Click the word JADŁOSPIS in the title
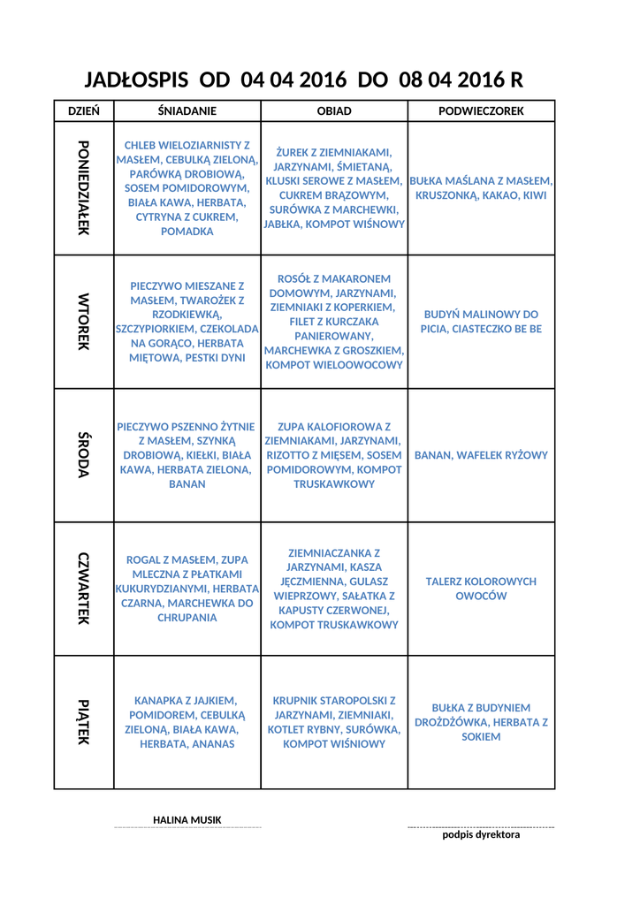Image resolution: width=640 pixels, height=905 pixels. [x=136, y=80]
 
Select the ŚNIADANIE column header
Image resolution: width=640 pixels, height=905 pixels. [x=187, y=111]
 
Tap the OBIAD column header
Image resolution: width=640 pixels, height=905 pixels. [x=334, y=111]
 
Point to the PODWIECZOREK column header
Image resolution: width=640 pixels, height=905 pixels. [x=481, y=111]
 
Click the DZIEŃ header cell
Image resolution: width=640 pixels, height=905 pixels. [x=84, y=111]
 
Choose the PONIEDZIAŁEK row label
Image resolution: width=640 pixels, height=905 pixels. [x=84, y=187]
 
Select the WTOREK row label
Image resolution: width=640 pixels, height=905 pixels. [x=84, y=322]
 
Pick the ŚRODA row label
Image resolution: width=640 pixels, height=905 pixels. [x=84, y=455]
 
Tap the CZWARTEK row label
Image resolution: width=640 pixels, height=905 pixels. [x=84, y=589]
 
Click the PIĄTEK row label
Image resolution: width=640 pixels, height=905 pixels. [x=84, y=722]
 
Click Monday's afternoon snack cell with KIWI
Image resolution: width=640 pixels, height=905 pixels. [x=481, y=187]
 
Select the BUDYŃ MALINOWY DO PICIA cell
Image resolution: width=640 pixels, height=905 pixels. [x=481, y=322]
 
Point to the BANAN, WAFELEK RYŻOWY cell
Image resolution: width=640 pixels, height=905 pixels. [x=481, y=455]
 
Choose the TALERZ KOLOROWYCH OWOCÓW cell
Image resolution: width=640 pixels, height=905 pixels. [x=481, y=589]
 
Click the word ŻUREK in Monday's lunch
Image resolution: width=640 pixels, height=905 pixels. [x=293, y=152]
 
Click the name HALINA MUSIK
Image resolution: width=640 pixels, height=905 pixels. [x=187, y=820]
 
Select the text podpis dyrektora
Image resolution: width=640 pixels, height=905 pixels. [x=481, y=834]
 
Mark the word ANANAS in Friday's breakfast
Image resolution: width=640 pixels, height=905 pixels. [x=211, y=744]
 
